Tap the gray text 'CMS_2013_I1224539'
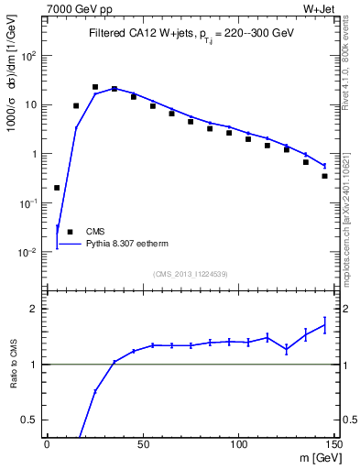pyautogui.click(x=191, y=273)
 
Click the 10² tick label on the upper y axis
pyautogui.click(x=27, y=55)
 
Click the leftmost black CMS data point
pyautogui.click(x=57, y=188)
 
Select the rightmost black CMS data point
pyautogui.click(x=324, y=176)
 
